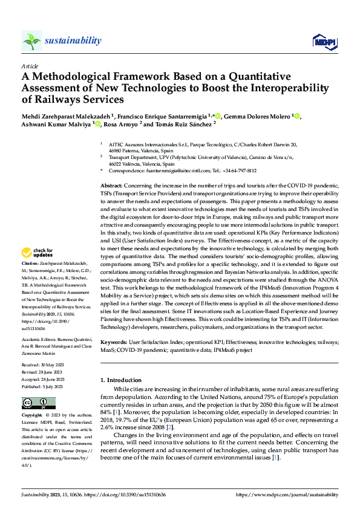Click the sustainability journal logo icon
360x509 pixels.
tap(31, 41)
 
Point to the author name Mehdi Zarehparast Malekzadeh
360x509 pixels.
tap(61, 116)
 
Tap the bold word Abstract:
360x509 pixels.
tap(111, 184)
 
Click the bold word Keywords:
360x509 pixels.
tap(113, 342)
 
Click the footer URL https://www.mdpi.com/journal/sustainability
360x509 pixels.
tap(287, 494)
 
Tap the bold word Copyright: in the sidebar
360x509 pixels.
tap(32, 416)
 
